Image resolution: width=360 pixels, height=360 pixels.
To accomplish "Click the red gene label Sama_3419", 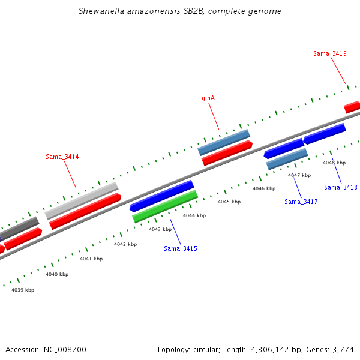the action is pyautogui.click(x=329, y=53).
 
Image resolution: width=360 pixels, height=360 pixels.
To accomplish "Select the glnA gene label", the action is pyautogui.click(x=208, y=98).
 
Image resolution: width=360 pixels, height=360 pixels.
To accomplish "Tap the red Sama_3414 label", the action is pyautogui.click(x=62, y=157).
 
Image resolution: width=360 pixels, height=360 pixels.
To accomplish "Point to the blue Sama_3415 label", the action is pyautogui.click(x=181, y=248).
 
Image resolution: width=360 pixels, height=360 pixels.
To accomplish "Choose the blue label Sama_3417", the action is pyautogui.click(x=301, y=202).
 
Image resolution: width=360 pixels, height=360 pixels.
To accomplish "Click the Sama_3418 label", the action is pyautogui.click(x=341, y=187).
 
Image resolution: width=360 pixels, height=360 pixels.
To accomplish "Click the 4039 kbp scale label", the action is pyautogui.click(x=23, y=290).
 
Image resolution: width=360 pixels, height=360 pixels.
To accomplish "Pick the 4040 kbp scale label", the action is pyautogui.click(x=57, y=274).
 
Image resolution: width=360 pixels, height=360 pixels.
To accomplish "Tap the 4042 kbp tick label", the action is pyautogui.click(x=125, y=244).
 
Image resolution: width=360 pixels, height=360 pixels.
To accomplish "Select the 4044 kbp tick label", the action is pyautogui.click(x=194, y=215).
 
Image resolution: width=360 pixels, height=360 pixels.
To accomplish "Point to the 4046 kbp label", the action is pyautogui.click(x=264, y=188).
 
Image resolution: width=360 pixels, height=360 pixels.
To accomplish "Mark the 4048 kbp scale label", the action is pyautogui.click(x=334, y=163).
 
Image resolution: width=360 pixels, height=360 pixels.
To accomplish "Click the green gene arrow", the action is pyautogui.click(x=165, y=206).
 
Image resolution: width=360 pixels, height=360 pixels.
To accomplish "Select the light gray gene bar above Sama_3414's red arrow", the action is pyautogui.click(x=82, y=200).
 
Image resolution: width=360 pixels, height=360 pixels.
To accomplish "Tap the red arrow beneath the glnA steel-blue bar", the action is pyautogui.click(x=227, y=153).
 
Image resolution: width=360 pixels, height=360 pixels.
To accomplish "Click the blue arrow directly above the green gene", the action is pyautogui.click(x=162, y=196).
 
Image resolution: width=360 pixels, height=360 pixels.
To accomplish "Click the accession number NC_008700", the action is pyautogui.click(x=67, y=349).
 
